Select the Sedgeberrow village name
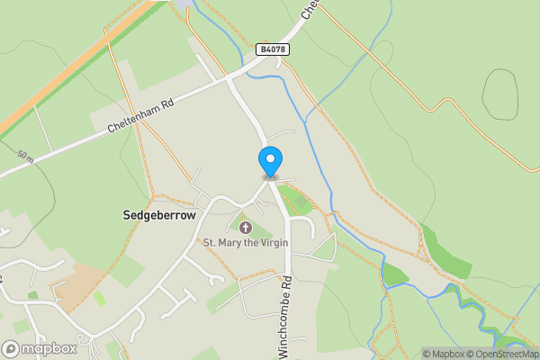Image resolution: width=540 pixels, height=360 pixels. [x=158, y=216]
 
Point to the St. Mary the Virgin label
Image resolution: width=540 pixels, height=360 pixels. [x=246, y=242]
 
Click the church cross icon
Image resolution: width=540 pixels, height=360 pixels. [x=246, y=227]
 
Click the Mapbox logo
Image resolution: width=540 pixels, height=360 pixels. [x=39, y=348]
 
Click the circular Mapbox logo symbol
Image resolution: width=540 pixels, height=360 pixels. [x=11, y=348]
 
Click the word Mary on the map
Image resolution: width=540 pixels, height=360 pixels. [x=230, y=242]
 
